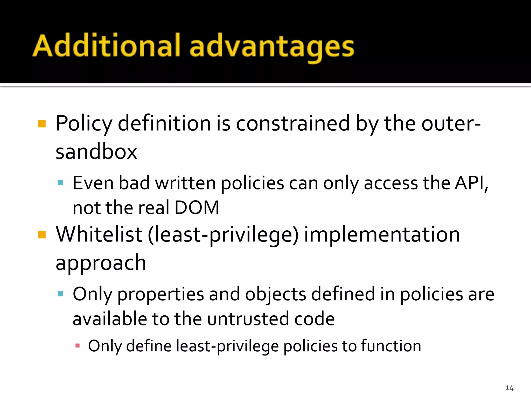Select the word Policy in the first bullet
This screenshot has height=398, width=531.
coord(84,124)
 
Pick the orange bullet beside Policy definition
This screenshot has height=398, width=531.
coord(42,124)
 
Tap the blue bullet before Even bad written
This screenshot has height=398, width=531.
coord(60,183)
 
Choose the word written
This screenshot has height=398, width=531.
coord(185,183)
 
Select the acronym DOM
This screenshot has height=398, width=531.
coord(197,208)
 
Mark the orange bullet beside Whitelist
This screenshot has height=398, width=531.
coord(42,234)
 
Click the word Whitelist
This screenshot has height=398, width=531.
coord(99,234)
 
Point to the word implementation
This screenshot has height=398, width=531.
coord(382,234)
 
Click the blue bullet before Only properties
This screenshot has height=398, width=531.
coord(60,294)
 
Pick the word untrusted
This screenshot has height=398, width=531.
coord(248,319)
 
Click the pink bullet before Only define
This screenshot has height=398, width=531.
coord(77,345)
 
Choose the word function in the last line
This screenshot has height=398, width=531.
coord(391,346)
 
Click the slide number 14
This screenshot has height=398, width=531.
coord(509,388)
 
